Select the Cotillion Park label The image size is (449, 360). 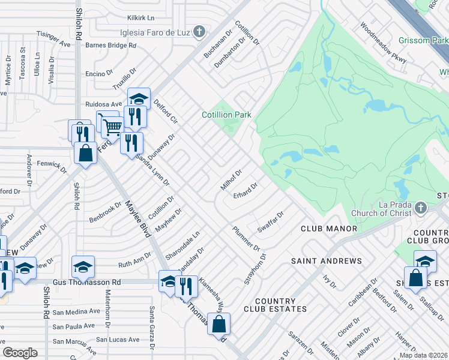[226, 115]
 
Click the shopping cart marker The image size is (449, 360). [110, 126]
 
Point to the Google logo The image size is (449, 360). [20, 352]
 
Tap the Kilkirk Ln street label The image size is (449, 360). [140, 18]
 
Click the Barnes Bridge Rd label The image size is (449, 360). [111, 45]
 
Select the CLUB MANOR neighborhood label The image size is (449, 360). [329, 229]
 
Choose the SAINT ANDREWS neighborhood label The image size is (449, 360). [327, 261]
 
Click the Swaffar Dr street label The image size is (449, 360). [270, 223]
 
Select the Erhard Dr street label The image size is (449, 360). [245, 191]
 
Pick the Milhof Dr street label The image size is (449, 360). [231, 179]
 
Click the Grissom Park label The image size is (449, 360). [423, 41]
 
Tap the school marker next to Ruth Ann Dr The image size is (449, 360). [83, 266]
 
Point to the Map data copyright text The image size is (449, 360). [423, 355]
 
